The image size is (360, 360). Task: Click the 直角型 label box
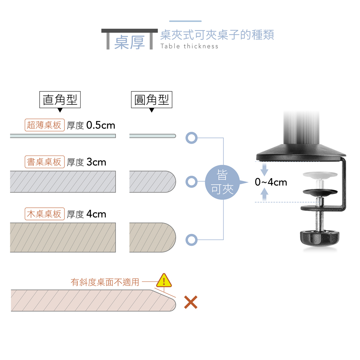(x=60, y=99)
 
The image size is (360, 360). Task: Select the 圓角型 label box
(x=151, y=99)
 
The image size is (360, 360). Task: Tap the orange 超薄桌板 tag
(x=45, y=125)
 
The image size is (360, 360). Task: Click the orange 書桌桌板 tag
(x=45, y=162)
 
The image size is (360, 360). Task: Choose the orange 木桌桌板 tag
(x=45, y=214)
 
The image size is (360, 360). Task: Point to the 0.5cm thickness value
(x=101, y=125)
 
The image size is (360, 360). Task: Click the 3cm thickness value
(x=96, y=162)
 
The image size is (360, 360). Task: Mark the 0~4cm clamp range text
(x=271, y=183)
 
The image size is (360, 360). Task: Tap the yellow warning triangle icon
(x=164, y=280)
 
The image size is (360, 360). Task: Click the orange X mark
(x=190, y=302)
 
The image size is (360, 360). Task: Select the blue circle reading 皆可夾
(x=222, y=182)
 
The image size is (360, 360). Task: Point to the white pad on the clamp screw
(x=320, y=175)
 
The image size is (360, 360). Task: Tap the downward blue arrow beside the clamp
(x=265, y=169)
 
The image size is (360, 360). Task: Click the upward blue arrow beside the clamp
(x=265, y=194)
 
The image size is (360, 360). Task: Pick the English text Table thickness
(x=189, y=46)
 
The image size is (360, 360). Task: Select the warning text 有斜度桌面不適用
(x=105, y=282)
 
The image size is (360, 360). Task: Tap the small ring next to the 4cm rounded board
(x=192, y=239)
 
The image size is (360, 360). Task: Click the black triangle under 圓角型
(x=152, y=110)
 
